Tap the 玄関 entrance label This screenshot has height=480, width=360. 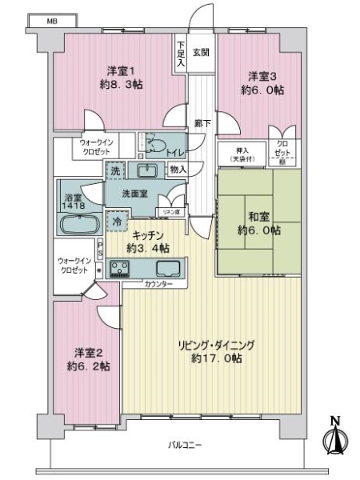click(x=201, y=53)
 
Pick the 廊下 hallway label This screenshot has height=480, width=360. click(x=201, y=123)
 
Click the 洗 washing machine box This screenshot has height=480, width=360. click(x=116, y=171)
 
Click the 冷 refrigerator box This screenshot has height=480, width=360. click(x=117, y=219)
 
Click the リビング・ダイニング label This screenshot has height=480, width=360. click(x=215, y=345)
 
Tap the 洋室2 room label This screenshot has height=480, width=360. click(x=86, y=352)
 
